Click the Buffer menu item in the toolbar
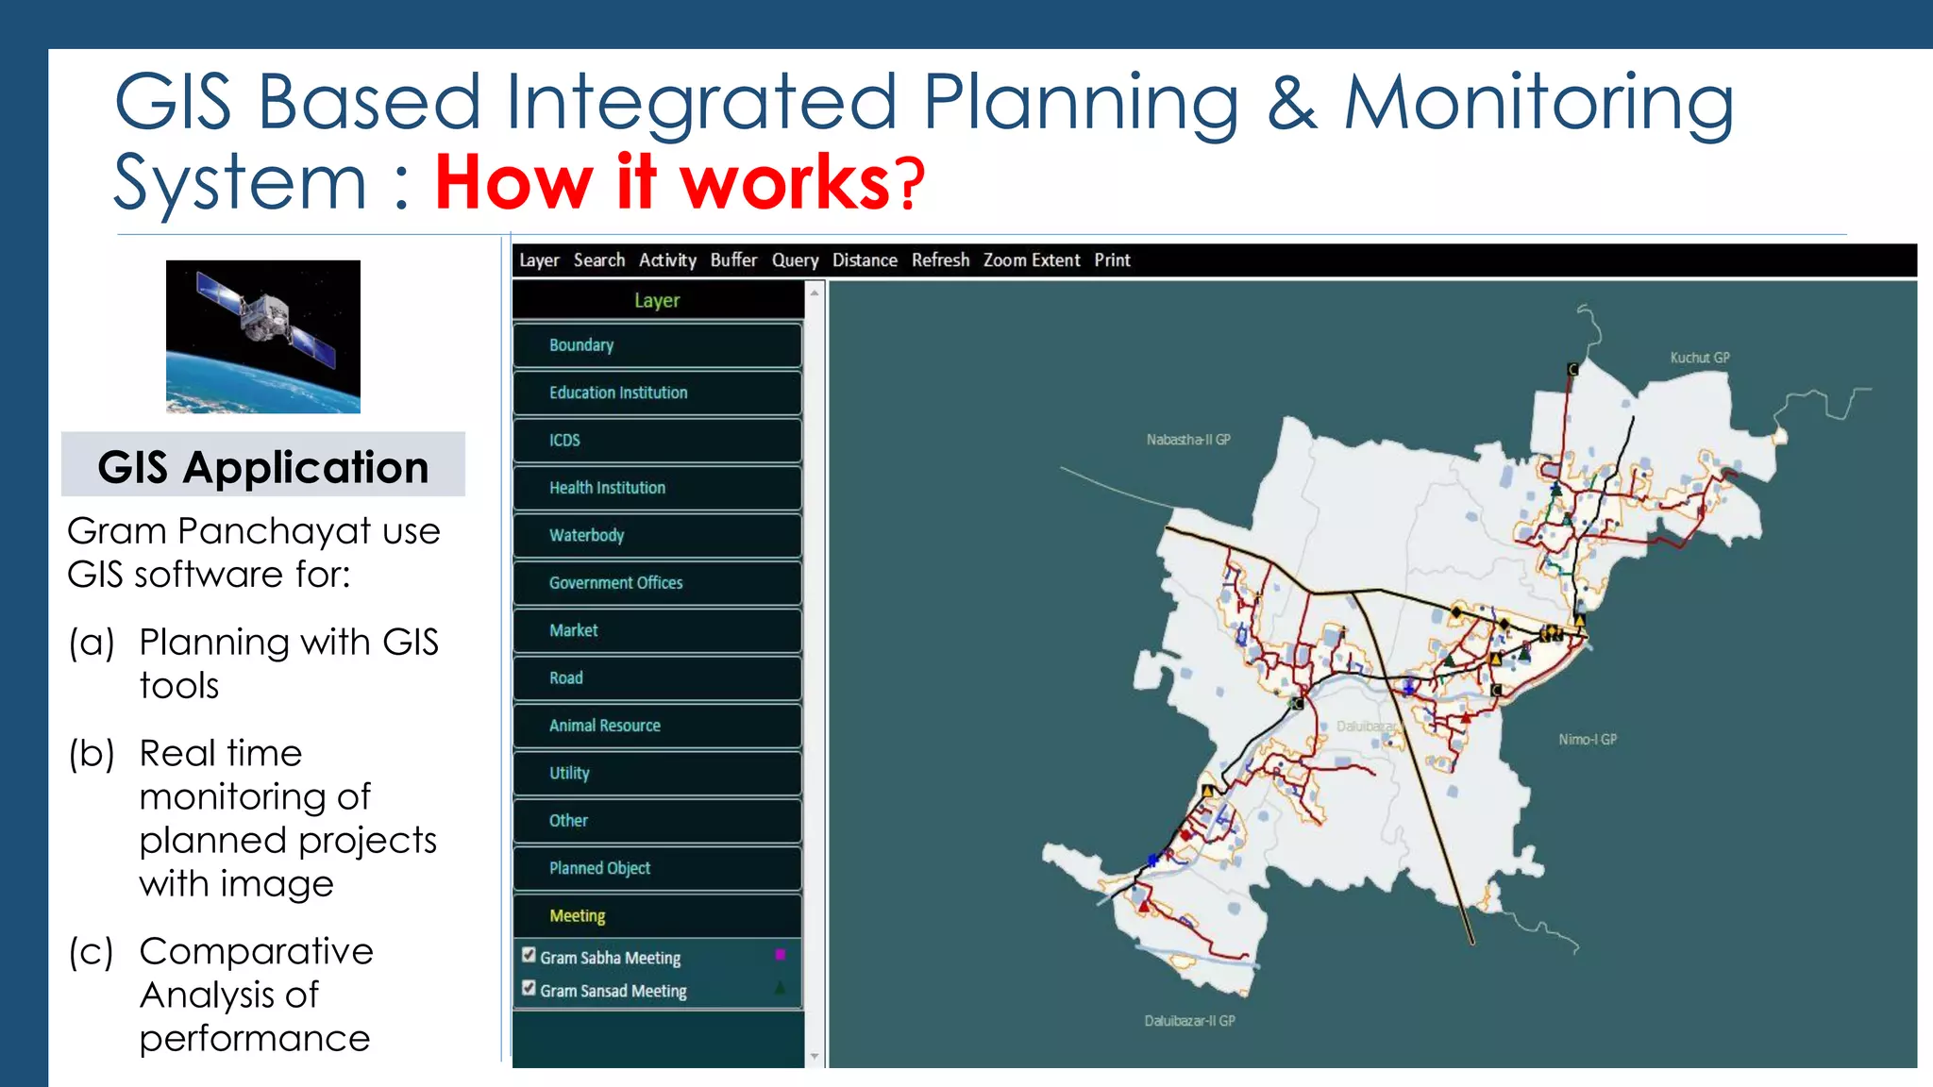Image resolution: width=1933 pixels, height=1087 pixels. coord(733,260)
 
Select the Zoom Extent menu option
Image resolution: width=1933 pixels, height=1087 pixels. coord(1031,260)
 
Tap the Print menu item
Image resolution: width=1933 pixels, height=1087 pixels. coord(1112,260)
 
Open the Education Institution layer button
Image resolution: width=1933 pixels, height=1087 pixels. coord(657,393)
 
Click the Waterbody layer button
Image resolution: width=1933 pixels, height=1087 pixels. coord(657,535)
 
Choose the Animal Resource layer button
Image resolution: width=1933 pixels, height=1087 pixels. coord(657,726)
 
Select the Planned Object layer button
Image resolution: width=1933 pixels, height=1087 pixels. coord(657,868)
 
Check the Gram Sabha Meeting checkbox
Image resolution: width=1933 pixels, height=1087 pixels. coord(529,955)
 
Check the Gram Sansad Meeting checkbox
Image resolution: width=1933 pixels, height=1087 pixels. coord(529,988)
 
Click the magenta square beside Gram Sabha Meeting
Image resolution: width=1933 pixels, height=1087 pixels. coord(780,955)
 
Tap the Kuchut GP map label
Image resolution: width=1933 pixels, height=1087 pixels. coord(1699,358)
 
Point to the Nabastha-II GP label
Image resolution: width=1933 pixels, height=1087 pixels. coord(1187,440)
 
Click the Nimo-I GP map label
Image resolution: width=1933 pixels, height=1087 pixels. coord(1587,740)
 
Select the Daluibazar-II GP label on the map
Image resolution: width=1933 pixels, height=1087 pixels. coord(1189,1021)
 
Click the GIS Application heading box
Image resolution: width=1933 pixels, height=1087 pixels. coord(263,466)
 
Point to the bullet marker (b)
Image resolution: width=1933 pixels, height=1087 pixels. coord(92,754)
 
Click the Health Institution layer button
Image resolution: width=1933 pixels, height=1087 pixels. coord(657,488)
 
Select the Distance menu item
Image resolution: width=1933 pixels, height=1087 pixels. coord(864,260)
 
